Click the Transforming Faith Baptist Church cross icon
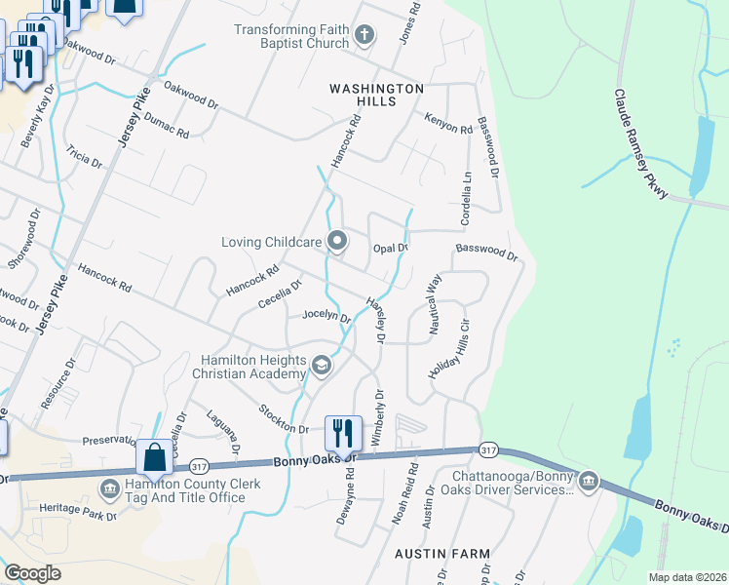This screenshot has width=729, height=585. (x=364, y=37)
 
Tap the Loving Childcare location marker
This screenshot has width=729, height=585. (x=337, y=240)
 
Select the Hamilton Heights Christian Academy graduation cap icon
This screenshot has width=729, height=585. (x=322, y=365)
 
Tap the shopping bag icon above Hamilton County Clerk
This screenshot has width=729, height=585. (x=154, y=455)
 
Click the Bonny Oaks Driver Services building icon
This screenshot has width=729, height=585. (x=588, y=482)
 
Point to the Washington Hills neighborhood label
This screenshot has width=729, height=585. (x=376, y=95)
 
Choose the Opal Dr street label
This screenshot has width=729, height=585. (x=390, y=249)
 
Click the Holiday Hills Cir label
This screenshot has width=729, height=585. (x=449, y=348)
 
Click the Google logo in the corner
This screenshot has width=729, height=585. (x=32, y=572)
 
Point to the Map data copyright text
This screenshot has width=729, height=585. (x=687, y=577)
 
